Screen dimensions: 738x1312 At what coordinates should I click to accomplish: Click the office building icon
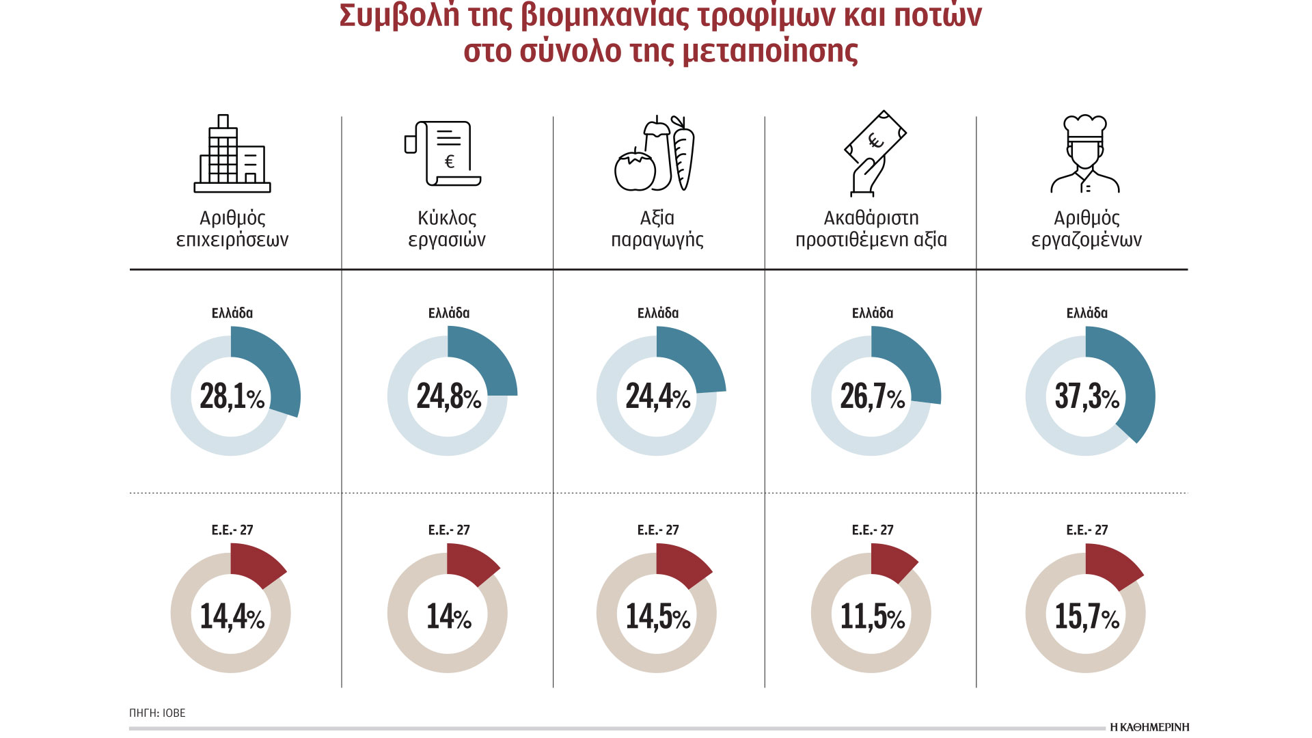click(x=232, y=154)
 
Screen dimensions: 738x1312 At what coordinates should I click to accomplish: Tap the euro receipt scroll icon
click(x=444, y=154)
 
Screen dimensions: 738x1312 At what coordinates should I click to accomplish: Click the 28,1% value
click(x=232, y=396)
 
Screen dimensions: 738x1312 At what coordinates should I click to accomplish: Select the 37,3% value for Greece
click(x=1086, y=396)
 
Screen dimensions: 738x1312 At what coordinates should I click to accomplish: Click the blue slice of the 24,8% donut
click(x=489, y=359)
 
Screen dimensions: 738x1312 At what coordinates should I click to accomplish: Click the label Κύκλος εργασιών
click(x=447, y=228)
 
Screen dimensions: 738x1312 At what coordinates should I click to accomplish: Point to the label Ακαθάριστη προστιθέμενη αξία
click(x=871, y=228)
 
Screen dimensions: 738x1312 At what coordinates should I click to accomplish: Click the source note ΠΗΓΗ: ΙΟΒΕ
click(x=157, y=713)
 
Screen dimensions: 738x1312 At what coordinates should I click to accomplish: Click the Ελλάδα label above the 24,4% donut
click(x=657, y=313)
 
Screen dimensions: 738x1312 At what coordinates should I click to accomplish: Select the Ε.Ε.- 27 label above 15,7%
click(x=1086, y=530)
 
